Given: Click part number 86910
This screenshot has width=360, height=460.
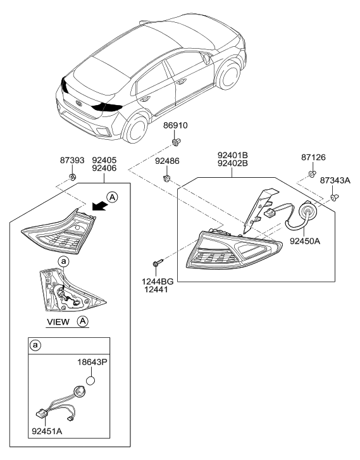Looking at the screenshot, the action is click(x=175, y=125).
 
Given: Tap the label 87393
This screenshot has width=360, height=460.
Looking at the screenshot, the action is click(x=72, y=161).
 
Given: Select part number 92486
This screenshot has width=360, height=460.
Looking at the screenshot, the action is click(x=167, y=161).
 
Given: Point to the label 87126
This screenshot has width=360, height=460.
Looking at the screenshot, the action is click(x=313, y=158).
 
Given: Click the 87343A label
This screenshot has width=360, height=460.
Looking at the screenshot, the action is click(x=335, y=180).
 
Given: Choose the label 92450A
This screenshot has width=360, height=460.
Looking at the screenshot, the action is click(x=305, y=241).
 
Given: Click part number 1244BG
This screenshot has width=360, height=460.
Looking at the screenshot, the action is click(x=158, y=282).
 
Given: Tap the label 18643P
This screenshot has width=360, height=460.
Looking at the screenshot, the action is click(x=92, y=363).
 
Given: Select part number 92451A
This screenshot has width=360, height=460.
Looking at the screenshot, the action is click(x=47, y=431).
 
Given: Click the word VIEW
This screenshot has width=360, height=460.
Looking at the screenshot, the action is click(x=58, y=322).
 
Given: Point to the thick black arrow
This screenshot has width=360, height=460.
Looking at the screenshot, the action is click(x=99, y=206).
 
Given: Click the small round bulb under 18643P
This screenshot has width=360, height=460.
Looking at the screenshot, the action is click(x=90, y=381).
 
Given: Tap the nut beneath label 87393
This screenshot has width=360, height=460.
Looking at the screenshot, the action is click(x=71, y=177).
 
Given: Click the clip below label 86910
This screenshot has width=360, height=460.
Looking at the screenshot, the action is click(x=176, y=142).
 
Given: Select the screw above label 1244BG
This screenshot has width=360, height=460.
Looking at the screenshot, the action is click(x=158, y=263).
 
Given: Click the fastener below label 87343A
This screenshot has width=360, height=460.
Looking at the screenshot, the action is click(x=335, y=197).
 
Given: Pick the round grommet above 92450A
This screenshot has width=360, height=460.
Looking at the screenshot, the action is click(x=306, y=212).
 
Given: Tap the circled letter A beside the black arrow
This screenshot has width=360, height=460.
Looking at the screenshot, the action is click(x=113, y=197).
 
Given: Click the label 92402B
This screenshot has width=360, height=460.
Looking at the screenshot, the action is click(x=233, y=163).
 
